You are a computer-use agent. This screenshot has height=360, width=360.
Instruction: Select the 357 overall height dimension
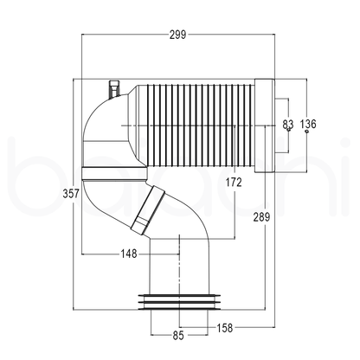72,194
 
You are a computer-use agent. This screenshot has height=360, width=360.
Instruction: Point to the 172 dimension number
233,182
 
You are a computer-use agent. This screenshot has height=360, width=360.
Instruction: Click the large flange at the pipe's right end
265,125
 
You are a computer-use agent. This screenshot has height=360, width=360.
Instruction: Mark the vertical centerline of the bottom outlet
178,277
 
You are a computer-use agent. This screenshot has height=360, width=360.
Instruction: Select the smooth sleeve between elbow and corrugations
134,125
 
